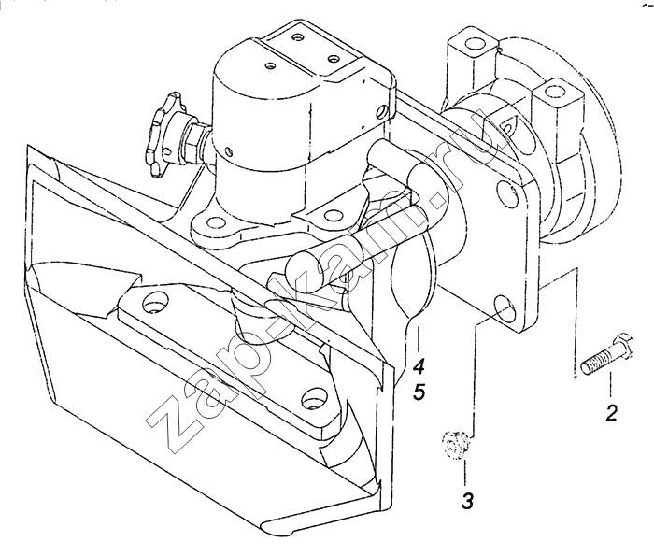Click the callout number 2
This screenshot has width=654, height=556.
click(611, 412)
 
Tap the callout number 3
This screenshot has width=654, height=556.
click(467, 500)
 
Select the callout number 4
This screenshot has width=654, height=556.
click(419, 366)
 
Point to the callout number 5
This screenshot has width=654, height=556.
click(419, 392)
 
